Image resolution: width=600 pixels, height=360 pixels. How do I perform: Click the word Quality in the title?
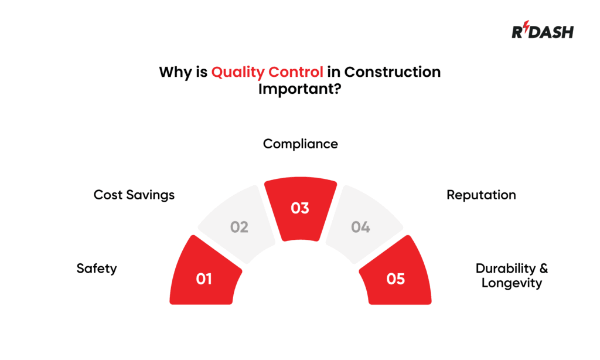(236, 73)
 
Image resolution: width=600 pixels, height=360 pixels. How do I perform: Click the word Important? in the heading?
(299, 90)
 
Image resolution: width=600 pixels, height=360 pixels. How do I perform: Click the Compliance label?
(300, 144)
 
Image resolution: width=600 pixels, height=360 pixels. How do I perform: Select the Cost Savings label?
(134, 195)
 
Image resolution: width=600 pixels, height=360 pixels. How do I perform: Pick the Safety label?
(97, 269)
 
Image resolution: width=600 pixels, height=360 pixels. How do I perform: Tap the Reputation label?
(481, 195)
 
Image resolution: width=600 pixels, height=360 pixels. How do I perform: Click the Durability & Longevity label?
(512, 276)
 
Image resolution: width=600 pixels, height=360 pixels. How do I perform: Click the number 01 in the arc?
(203, 279)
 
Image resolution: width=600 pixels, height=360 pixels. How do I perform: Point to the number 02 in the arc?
(239, 227)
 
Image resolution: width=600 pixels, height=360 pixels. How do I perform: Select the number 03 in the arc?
(300, 208)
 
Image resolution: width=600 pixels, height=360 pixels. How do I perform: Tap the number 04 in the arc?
(360, 227)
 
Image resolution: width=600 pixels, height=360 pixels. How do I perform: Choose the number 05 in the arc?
(396, 279)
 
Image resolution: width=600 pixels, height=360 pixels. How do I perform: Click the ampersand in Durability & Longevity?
(543, 269)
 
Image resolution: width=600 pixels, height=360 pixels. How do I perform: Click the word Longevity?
(512, 283)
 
